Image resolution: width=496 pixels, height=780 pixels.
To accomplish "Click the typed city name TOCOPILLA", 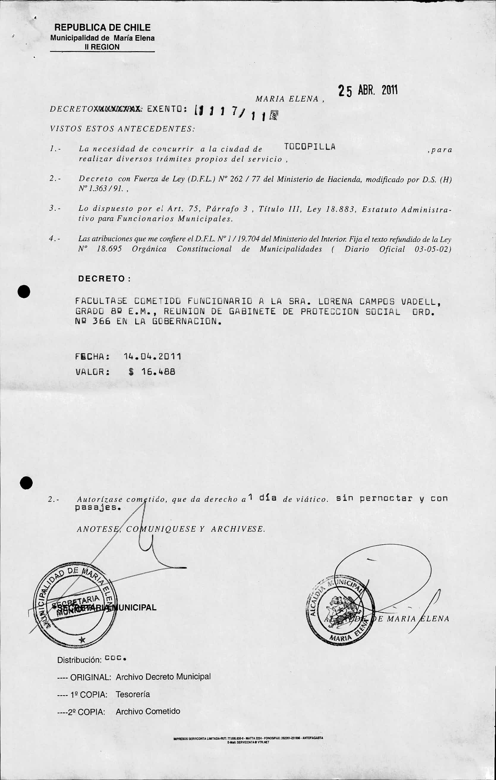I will click(310, 147).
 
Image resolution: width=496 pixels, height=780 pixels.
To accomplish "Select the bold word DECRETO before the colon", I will click(102, 279).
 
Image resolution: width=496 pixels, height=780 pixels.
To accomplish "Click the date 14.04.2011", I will click(152, 357).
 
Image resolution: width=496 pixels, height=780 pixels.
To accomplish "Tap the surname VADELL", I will click(420, 301).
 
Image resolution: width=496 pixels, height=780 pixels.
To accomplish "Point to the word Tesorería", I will click(133, 694).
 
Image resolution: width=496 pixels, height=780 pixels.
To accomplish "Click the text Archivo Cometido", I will click(148, 711).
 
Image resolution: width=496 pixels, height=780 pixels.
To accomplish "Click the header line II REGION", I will click(102, 47).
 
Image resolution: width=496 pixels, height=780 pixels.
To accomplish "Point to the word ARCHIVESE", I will click(238, 529).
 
